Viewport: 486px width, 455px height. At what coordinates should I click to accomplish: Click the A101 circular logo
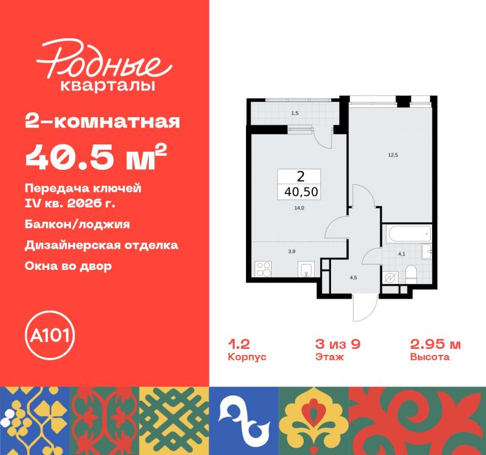50,335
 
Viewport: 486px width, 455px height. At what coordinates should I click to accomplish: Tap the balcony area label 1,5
295,113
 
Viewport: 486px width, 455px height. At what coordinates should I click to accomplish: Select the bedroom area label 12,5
393,155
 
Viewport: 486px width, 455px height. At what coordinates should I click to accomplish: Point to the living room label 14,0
299,208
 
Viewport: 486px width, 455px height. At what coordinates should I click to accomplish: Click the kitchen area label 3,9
292,251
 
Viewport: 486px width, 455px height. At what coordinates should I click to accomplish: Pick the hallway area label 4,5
354,278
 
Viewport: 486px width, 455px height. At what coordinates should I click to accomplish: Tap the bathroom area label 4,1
402,254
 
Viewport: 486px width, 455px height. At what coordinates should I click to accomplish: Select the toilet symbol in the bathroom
412,274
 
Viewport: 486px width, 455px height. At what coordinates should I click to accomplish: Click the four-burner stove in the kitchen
263,269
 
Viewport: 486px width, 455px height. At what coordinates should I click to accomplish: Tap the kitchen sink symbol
306,269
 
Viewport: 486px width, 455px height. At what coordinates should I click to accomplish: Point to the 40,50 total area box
299,184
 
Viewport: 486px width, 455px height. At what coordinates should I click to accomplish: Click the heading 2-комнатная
103,122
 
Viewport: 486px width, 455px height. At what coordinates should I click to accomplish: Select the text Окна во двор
68,266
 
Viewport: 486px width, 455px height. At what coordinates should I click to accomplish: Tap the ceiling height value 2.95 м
436,344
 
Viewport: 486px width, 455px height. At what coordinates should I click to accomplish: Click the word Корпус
247,357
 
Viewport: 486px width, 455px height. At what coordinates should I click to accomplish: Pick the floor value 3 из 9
338,344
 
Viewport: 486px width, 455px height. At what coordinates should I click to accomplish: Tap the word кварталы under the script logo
108,86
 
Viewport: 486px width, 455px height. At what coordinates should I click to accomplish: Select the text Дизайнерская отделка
101,246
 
